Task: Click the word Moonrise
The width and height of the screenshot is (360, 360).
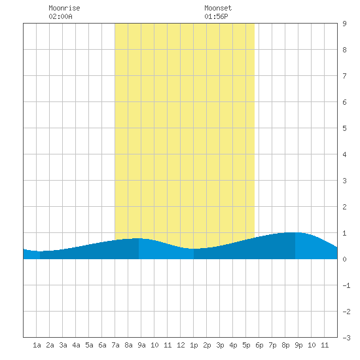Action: click(x=64, y=8)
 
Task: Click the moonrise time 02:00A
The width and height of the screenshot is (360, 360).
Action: click(x=60, y=16)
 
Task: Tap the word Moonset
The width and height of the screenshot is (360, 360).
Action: click(x=218, y=8)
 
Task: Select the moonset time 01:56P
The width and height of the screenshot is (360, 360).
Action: click(x=216, y=16)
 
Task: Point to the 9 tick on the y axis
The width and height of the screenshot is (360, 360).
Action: click(x=344, y=24)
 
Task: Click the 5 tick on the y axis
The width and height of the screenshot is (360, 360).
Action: click(x=344, y=128)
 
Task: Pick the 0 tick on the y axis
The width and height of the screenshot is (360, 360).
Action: click(x=344, y=259)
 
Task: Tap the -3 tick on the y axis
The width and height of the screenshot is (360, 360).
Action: click(x=346, y=338)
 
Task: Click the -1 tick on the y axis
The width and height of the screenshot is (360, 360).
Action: click(x=346, y=285)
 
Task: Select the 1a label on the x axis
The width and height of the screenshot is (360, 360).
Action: click(x=37, y=345)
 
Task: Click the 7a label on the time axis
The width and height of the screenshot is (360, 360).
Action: click(x=115, y=345)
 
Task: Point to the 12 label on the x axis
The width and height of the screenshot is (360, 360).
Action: click(x=181, y=345)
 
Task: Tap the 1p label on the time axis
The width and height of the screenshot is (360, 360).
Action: click(x=194, y=345)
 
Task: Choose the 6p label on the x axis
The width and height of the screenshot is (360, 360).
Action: click(x=259, y=345)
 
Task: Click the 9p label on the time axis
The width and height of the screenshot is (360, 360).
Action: click(x=298, y=345)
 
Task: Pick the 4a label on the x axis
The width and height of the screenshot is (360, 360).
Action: click(x=76, y=345)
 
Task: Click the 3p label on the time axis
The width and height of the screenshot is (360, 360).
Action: click(x=220, y=345)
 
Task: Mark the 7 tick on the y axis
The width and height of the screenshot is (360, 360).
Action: click(x=344, y=76)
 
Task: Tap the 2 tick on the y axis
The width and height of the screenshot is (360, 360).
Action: click(x=344, y=207)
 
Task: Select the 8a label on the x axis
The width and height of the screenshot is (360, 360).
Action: click(x=128, y=345)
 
